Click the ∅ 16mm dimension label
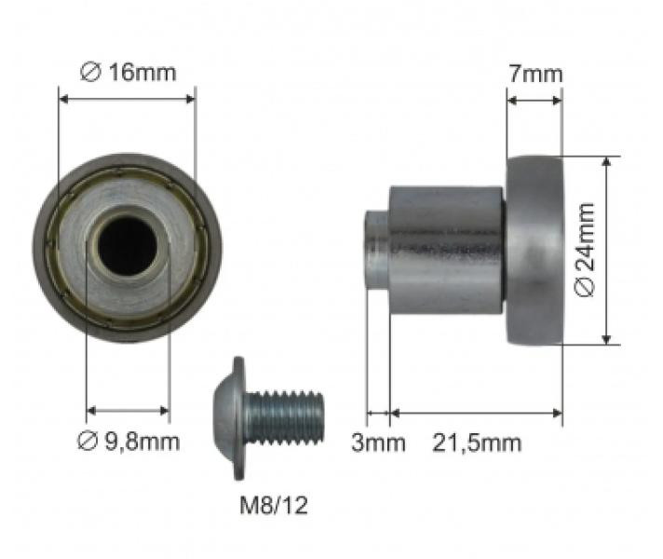pos(128,72)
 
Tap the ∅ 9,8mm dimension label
pos(128,441)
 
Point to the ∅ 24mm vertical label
pos(585,250)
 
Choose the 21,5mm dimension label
pos(476,443)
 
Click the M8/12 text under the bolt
pos(270,506)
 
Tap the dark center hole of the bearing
pos(128,244)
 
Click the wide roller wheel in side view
pos(534,250)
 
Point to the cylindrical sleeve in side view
pos(445,250)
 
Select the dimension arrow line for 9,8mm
pos(128,410)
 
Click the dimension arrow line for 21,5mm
pos(476,411)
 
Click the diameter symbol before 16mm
pos(90,72)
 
